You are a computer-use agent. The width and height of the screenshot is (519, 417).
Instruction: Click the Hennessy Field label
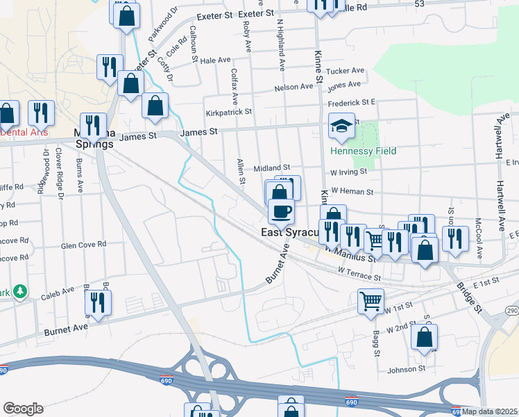pyautogui.click(x=354, y=151)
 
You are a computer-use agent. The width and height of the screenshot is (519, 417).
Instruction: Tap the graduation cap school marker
pyautogui.click(x=341, y=126)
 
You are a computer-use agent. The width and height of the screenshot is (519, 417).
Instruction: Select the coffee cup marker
pyautogui.click(x=281, y=211)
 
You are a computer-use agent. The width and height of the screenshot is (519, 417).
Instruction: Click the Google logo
pyautogui.click(x=23, y=409)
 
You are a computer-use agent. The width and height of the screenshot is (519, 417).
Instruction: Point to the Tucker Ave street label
pyautogui.click(x=346, y=71)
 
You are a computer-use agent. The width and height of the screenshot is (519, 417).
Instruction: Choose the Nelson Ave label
pyautogui.click(x=293, y=87)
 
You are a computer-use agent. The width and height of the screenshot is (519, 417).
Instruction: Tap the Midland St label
pyautogui.click(x=271, y=168)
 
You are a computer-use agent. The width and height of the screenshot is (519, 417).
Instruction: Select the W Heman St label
pyautogui.click(x=352, y=191)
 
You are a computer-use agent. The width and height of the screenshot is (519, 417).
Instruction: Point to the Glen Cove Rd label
pyautogui.click(x=83, y=245)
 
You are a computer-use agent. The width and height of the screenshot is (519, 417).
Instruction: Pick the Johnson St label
pyautogui.click(x=406, y=368)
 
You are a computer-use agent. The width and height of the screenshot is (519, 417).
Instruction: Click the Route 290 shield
pyautogui.click(x=511, y=309)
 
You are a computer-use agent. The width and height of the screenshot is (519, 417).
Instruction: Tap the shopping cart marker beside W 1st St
pyautogui.click(x=371, y=301)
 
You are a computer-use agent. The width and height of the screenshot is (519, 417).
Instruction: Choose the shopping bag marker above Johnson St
pyautogui.click(x=424, y=338)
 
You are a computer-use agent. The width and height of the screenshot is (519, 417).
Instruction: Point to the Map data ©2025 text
pyautogui.click(x=490, y=411)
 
